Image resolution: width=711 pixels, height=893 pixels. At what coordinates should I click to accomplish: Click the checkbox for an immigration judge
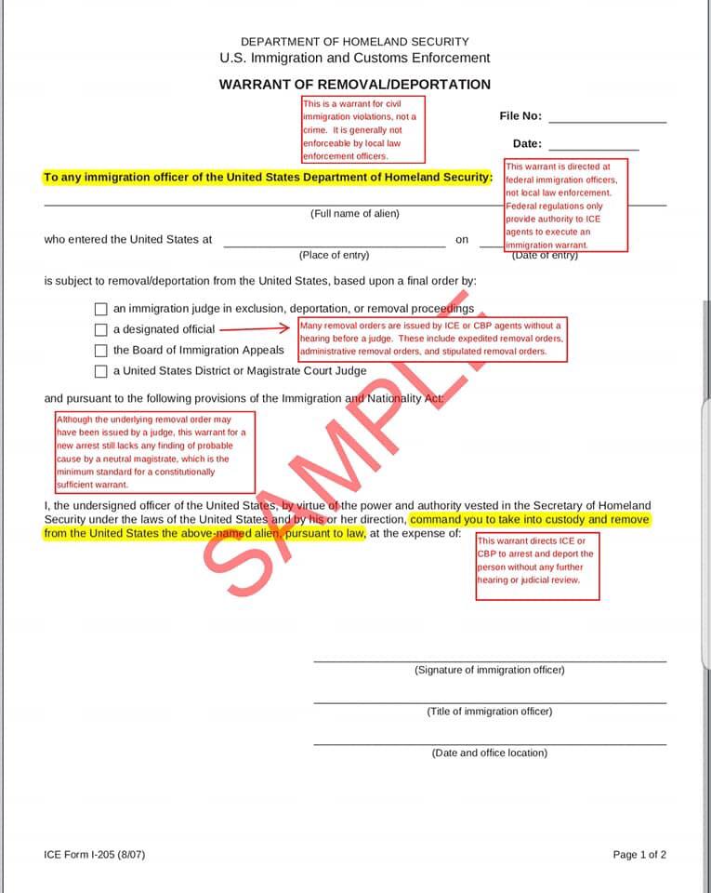101,309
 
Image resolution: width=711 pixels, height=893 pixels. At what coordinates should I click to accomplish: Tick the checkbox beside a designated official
101,329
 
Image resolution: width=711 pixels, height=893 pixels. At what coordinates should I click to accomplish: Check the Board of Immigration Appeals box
101,351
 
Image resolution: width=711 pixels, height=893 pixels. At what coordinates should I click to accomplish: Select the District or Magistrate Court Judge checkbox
101,371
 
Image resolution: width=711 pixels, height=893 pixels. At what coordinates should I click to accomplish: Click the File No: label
520,116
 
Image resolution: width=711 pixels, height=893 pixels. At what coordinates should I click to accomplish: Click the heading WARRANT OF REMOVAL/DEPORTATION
354,84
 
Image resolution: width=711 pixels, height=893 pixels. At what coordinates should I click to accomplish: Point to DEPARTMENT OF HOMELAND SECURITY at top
354,42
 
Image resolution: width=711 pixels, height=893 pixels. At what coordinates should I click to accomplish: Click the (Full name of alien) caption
354,214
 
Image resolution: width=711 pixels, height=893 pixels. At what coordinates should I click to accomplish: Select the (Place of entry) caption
334,255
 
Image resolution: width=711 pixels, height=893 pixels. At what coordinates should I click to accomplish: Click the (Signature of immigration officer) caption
489,670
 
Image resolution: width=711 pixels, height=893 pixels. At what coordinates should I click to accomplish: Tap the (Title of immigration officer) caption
489,712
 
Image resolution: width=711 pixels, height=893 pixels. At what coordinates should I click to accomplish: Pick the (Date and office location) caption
489,753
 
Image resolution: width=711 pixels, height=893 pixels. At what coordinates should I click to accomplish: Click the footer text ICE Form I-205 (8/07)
94,855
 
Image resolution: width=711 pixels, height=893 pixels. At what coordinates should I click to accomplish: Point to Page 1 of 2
639,855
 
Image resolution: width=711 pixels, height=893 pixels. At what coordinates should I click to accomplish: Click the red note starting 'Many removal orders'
431,339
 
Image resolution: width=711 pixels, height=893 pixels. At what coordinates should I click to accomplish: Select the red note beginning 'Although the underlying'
155,452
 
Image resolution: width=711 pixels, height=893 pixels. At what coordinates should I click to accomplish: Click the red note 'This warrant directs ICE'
537,566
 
